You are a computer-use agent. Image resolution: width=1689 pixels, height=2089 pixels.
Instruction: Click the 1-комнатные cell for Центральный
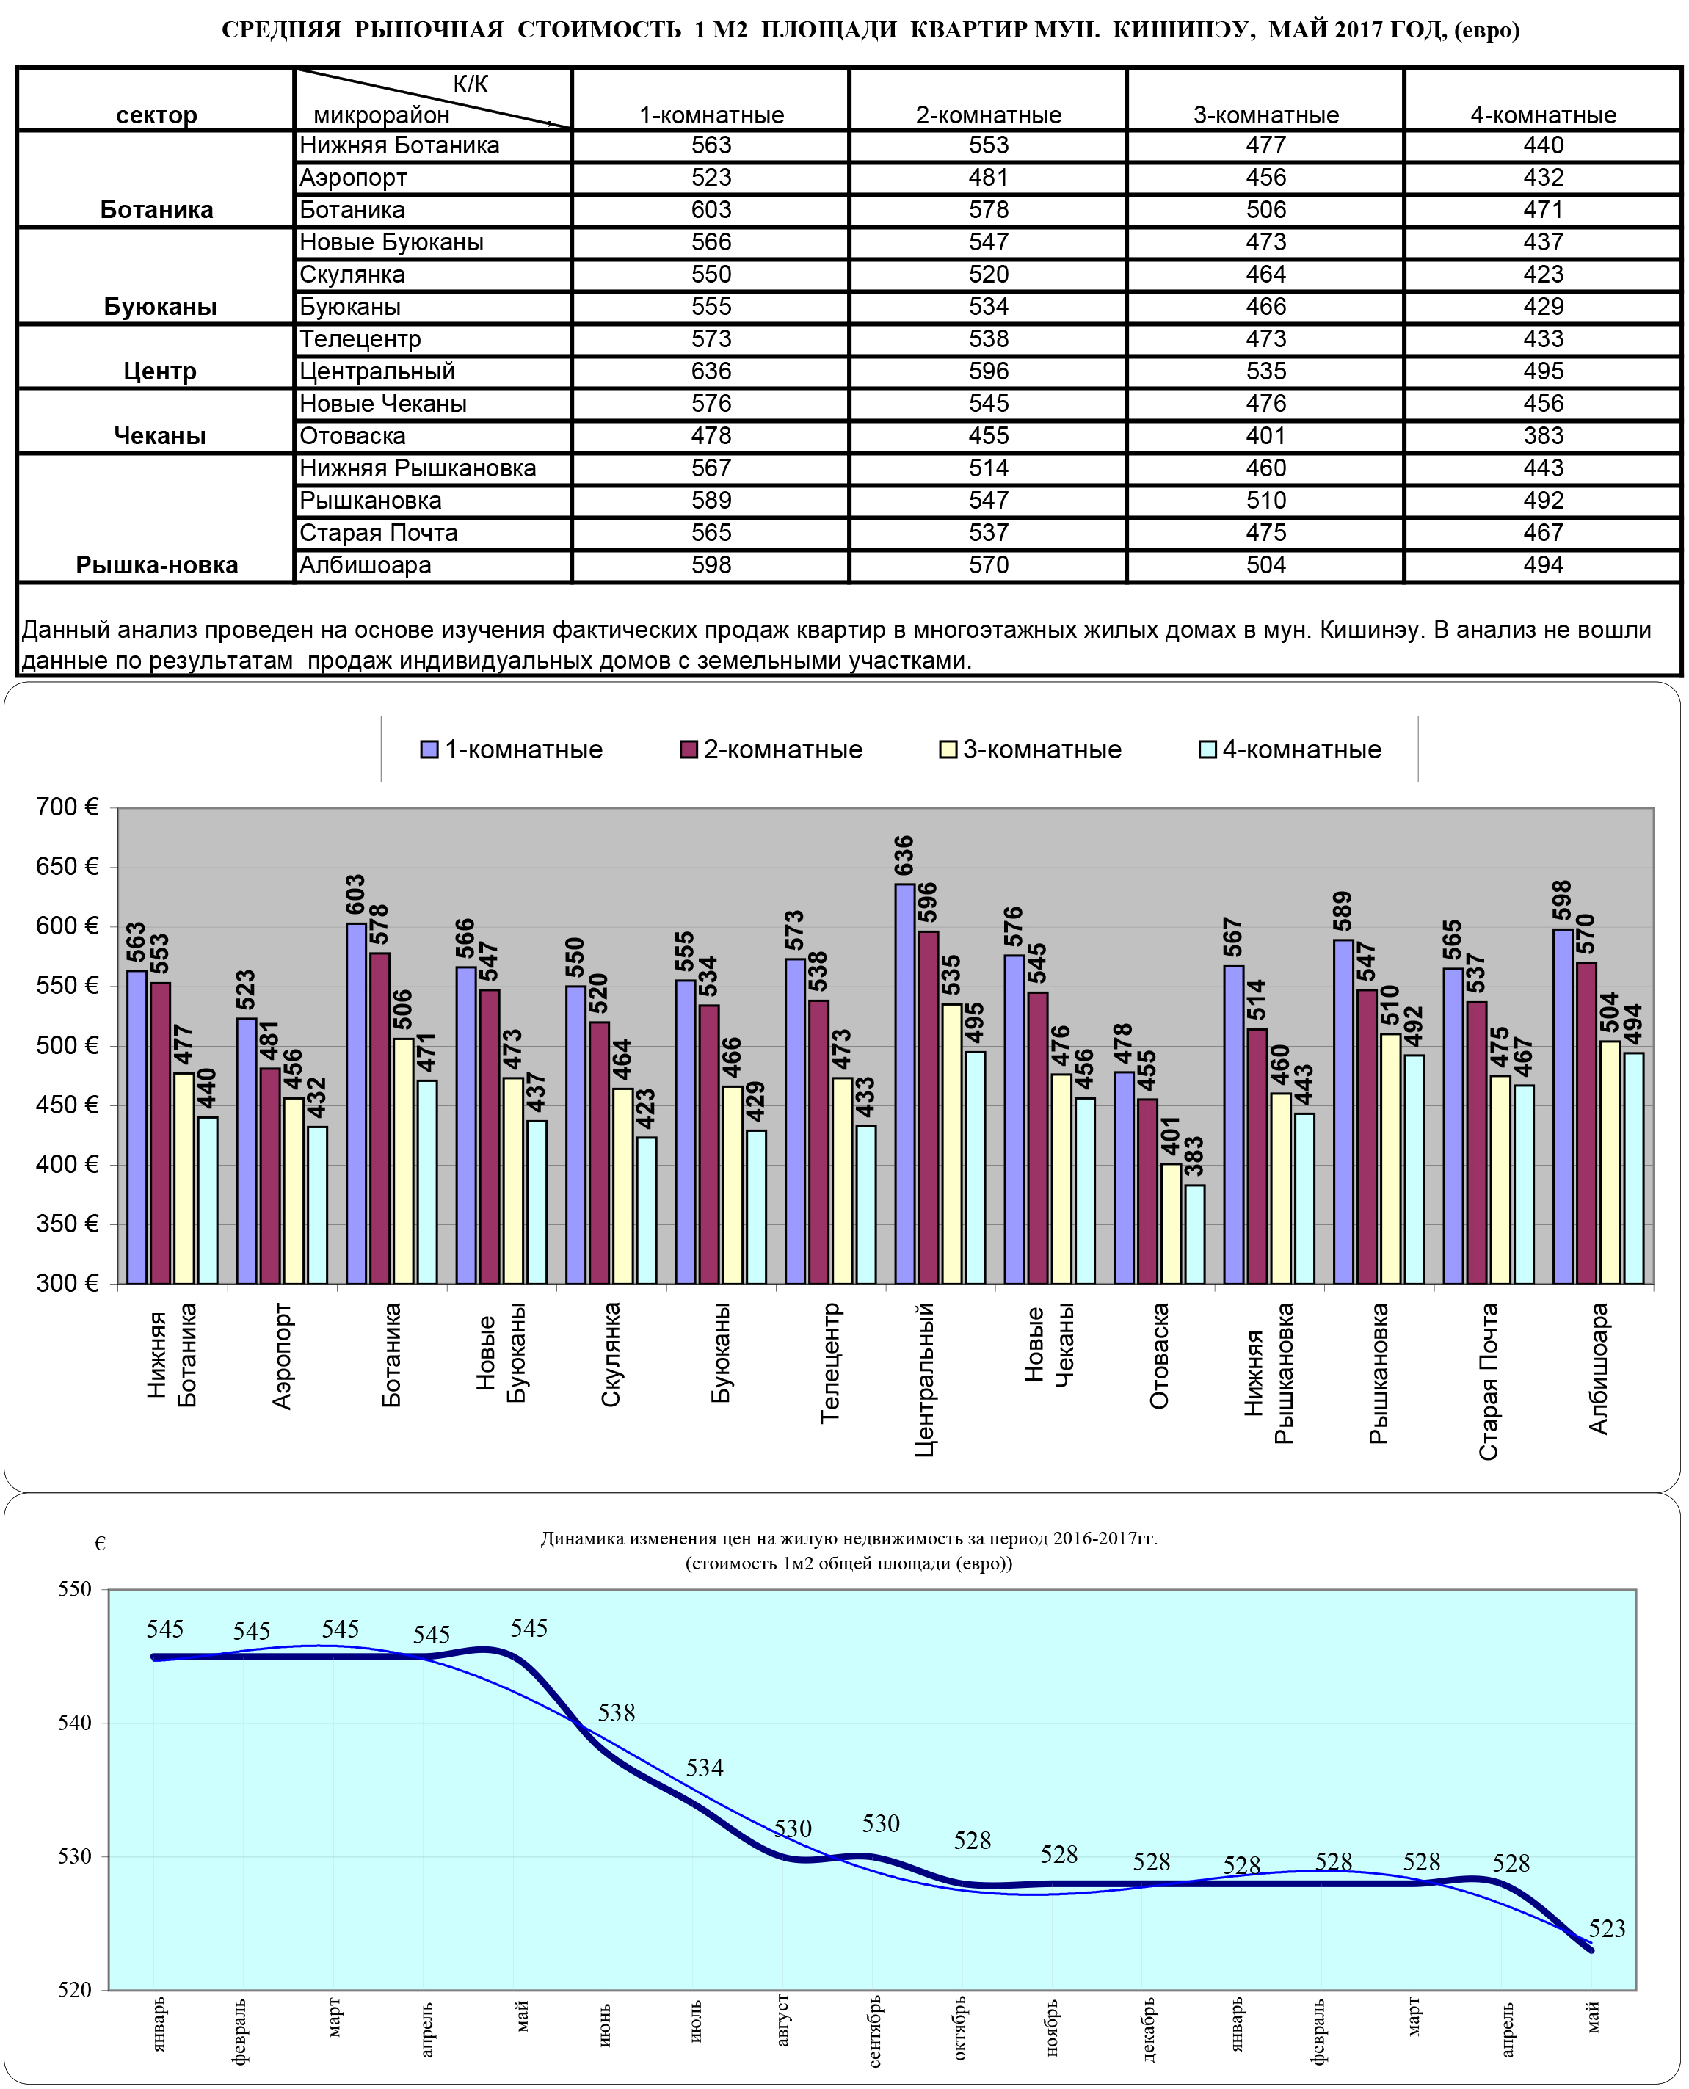coord(711,371)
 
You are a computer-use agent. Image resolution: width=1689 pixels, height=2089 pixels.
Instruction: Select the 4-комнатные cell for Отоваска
coord(1542,436)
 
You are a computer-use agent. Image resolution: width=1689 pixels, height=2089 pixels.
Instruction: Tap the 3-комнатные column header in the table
coord(1265,115)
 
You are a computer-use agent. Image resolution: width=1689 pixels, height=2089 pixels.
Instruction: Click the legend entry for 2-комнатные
coord(771,749)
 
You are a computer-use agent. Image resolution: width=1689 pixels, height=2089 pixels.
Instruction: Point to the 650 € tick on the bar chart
coord(67,866)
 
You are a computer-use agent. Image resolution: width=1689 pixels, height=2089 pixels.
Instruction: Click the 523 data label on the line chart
coord(1606,1928)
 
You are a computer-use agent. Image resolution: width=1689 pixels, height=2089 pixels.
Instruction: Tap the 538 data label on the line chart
coord(616,1712)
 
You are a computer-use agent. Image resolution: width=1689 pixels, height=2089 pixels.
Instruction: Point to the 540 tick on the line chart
coord(74,1722)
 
